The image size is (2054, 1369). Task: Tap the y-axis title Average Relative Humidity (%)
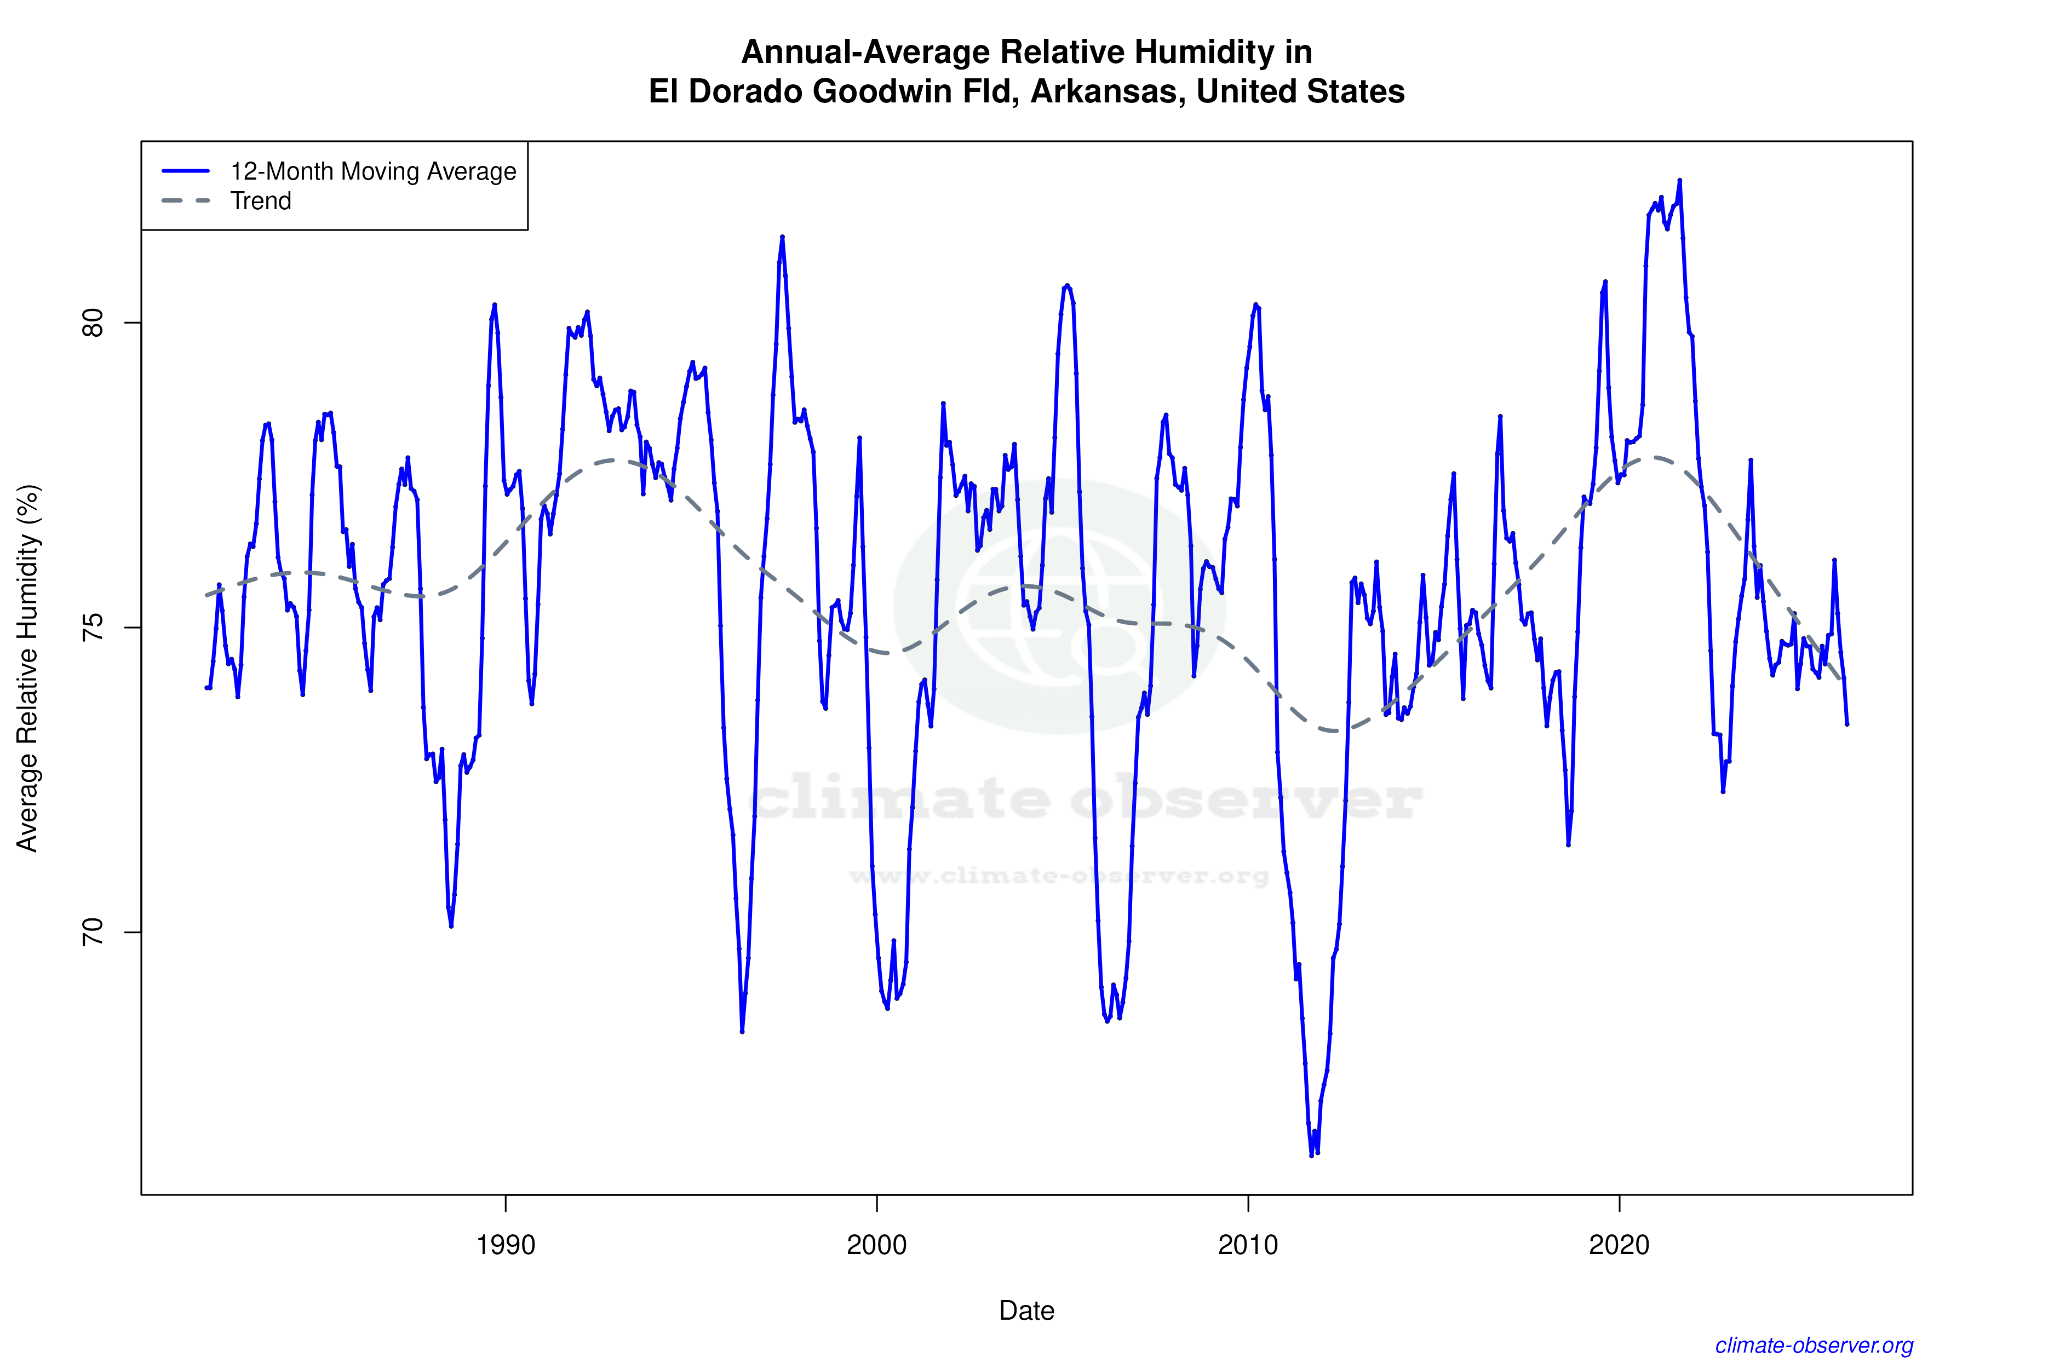[x=28, y=668]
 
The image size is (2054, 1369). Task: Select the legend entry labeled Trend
[x=260, y=201]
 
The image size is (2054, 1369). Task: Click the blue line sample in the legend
[x=186, y=171]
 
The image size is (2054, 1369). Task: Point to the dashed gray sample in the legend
[x=186, y=201]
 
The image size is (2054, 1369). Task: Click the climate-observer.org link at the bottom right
[x=1814, y=1345]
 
